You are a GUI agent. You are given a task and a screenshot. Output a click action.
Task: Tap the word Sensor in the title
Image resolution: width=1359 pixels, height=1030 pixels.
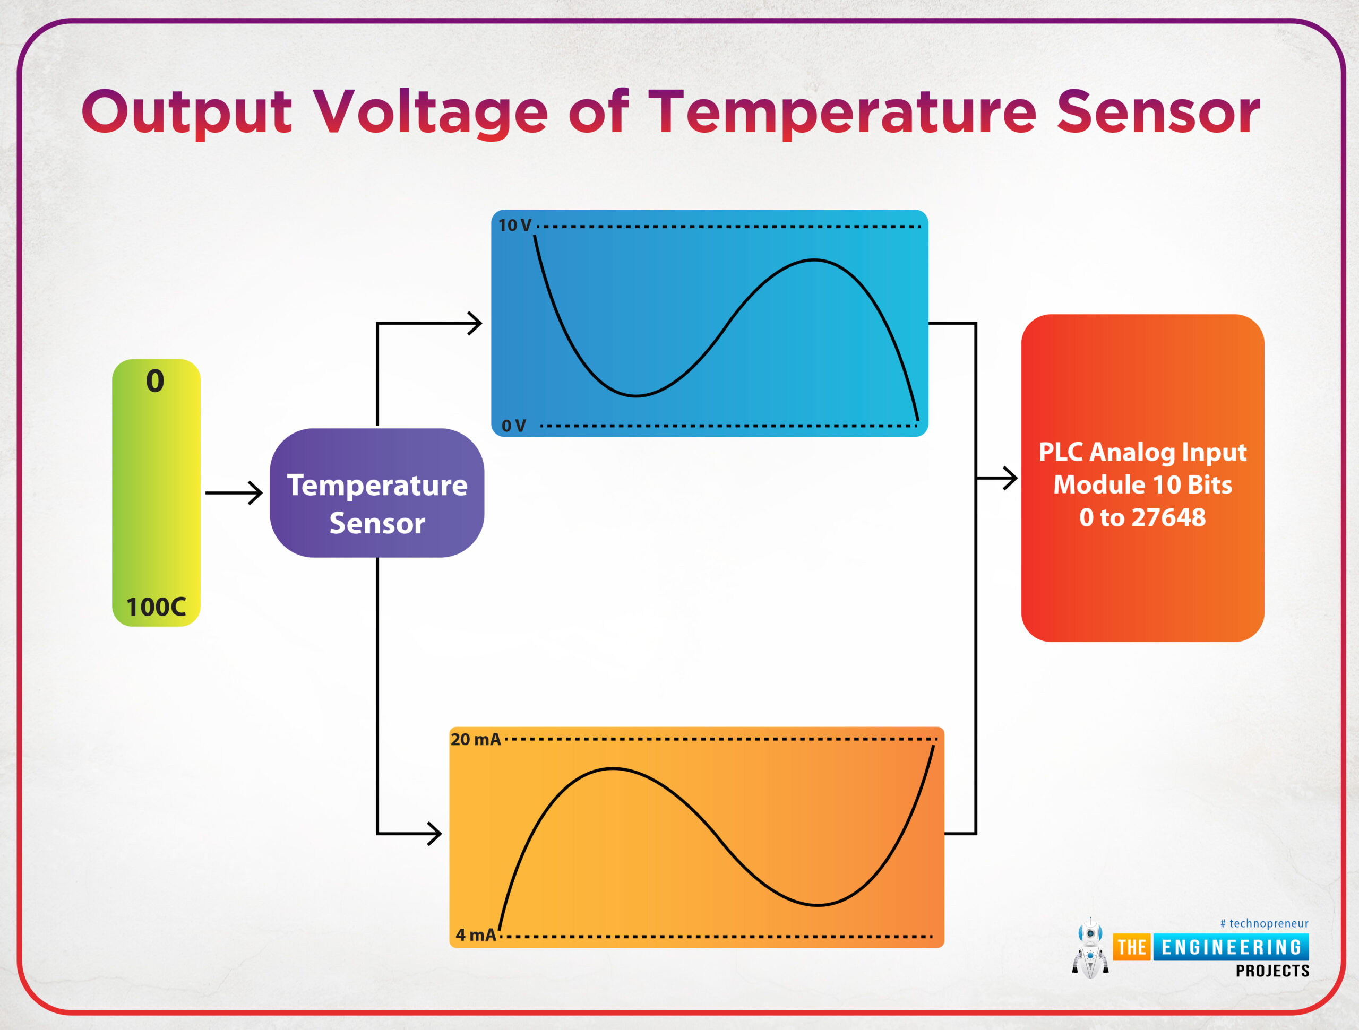pos(1159,112)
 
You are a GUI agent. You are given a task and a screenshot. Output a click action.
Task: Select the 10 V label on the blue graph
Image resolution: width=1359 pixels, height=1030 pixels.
pos(514,226)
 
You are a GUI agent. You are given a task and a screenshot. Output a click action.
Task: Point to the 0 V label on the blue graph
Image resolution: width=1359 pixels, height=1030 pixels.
pos(514,426)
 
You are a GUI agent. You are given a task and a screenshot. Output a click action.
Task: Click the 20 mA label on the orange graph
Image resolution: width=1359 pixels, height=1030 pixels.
pos(476,740)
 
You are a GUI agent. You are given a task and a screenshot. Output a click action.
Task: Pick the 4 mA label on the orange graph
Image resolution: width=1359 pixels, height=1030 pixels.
pos(476,935)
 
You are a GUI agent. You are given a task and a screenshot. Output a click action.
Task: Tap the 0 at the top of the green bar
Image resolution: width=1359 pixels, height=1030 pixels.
pos(155,381)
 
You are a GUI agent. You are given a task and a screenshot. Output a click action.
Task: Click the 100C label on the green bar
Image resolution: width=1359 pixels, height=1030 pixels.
pos(156,607)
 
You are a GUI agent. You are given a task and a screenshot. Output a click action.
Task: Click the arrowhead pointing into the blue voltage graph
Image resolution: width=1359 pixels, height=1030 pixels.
pos(474,323)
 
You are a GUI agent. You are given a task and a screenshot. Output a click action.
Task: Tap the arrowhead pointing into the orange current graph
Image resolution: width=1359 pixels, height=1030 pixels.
pos(434,834)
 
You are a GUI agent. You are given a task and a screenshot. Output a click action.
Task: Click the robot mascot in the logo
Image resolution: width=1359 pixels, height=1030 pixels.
pos(1090,948)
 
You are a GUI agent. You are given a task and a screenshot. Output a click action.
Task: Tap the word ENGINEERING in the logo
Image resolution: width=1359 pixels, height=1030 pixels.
pos(1231,947)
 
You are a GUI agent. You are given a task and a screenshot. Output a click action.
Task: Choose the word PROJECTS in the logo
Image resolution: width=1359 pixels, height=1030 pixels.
pos(1272,971)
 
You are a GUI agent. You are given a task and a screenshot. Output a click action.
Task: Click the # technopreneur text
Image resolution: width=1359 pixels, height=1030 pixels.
pos(1264,923)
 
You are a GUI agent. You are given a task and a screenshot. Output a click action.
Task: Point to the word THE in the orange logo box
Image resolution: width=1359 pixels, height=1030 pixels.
pos(1132,947)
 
